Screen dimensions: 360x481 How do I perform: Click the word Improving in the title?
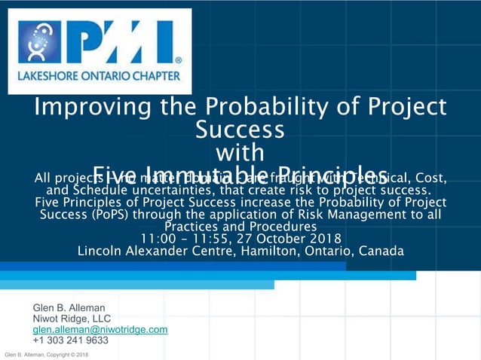(89, 107)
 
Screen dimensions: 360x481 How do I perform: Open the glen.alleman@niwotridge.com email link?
(100, 329)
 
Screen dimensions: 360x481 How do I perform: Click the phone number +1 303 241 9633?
(70, 340)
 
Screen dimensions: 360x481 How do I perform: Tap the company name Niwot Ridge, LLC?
(72, 319)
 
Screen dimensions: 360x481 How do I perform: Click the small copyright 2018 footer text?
(47, 355)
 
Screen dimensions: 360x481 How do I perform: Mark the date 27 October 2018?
(287, 239)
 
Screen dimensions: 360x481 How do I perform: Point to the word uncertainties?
(164, 191)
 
